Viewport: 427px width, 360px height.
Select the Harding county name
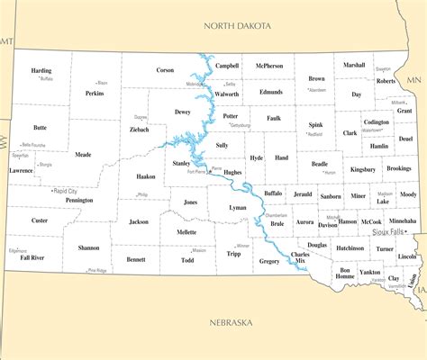pos(41,70)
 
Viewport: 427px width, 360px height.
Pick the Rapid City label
pos(65,191)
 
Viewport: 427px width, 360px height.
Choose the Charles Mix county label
pos(300,258)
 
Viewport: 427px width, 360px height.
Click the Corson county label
pos(165,70)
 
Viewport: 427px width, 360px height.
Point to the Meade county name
pos(83,154)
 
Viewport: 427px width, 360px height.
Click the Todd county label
pos(187,260)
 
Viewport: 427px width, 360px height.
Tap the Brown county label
pos(316,78)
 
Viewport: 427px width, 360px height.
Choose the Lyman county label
pos(238,208)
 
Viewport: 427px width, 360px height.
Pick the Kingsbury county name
pos(363,168)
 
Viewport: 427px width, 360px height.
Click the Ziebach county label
pos(140,129)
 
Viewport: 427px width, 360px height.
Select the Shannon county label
pos(88,247)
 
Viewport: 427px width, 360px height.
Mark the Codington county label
pos(377,121)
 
